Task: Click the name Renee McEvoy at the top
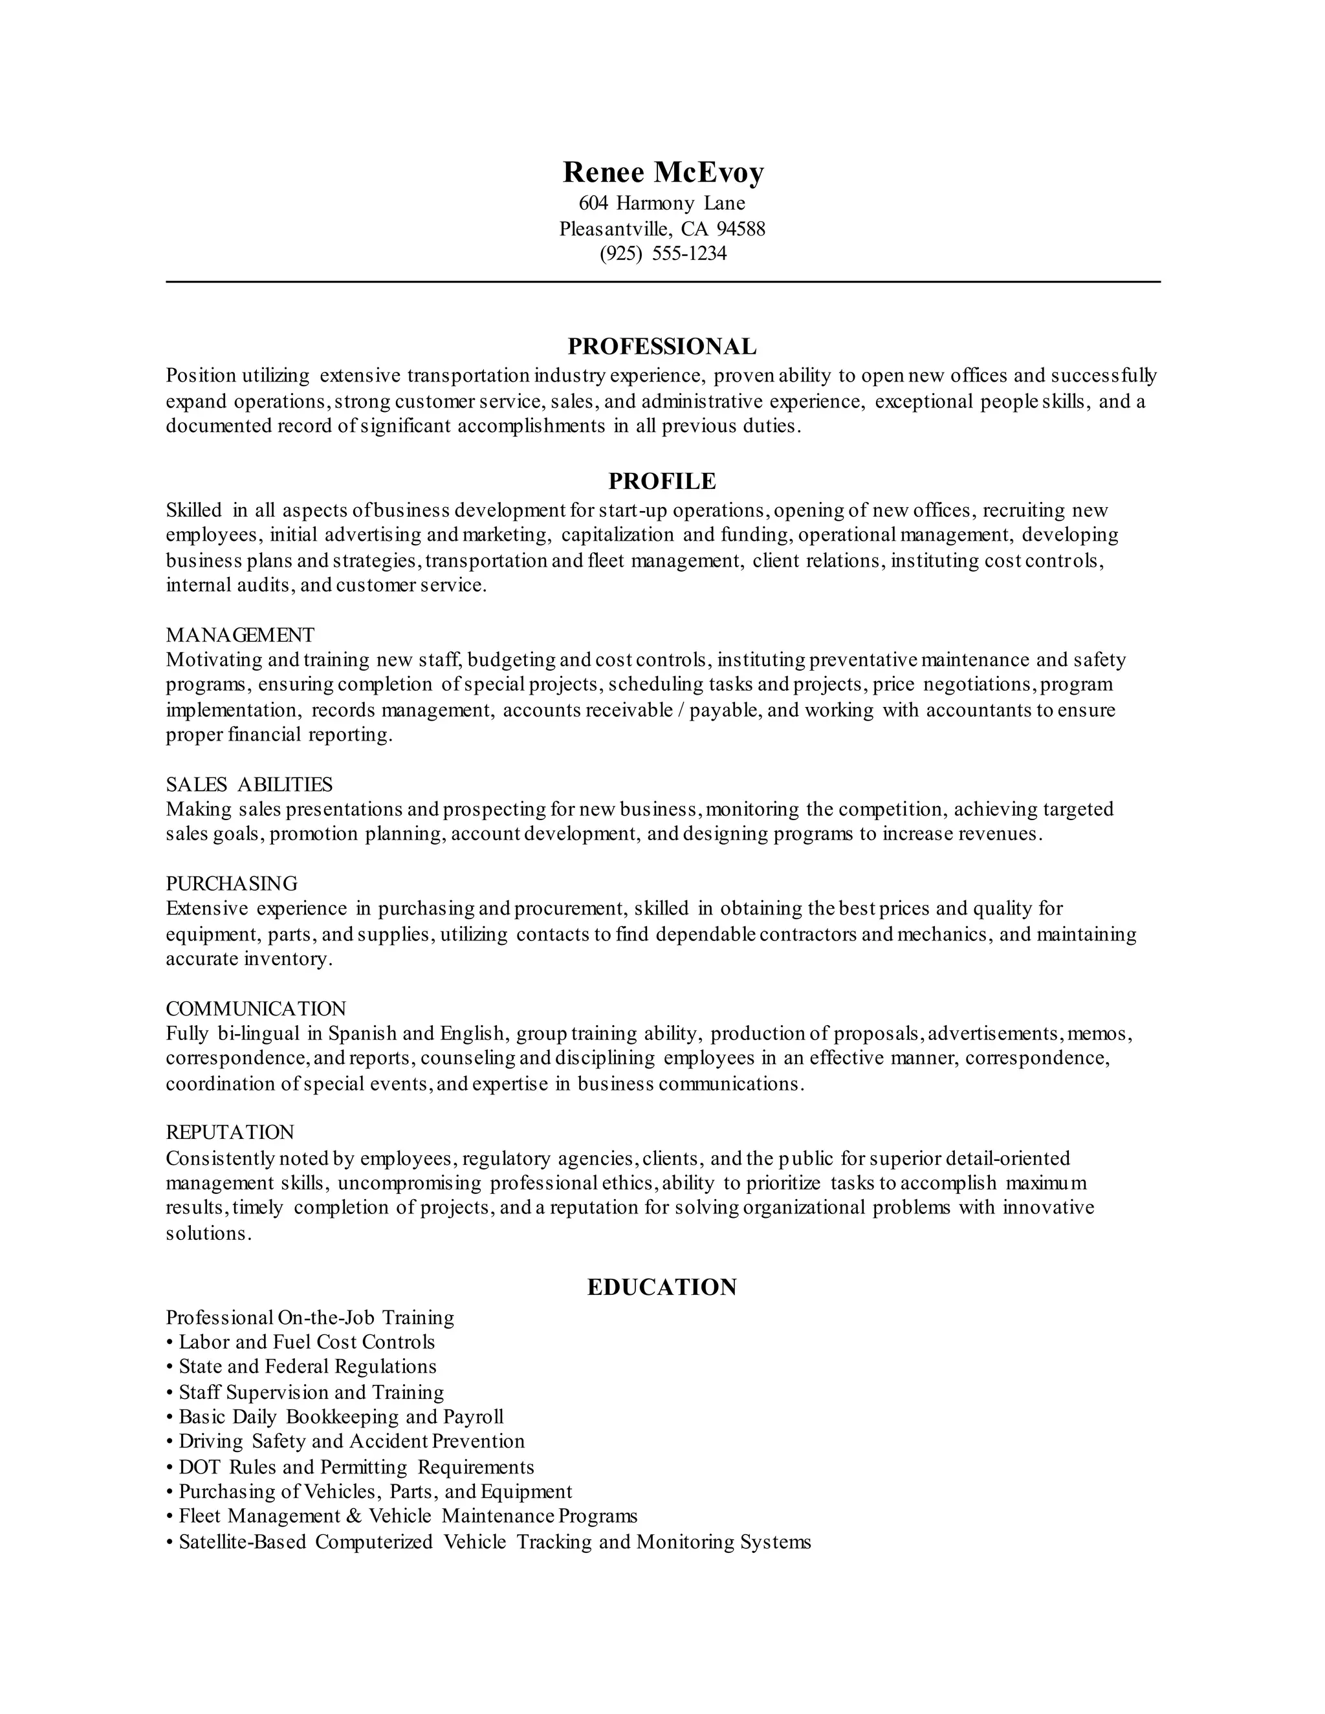(x=662, y=173)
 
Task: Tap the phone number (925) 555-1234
(x=662, y=254)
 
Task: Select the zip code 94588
(x=740, y=229)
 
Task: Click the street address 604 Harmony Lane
(x=662, y=203)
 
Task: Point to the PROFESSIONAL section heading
(x=662, y=346)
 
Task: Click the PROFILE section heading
(x=662, y=481)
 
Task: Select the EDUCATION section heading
(x=662, y=1287)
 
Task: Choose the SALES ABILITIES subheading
(x=249, y=784)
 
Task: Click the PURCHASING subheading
(x=232, y=883)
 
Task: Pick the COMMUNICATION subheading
(x=256, y=1008)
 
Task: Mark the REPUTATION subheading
(x=230, y=1133)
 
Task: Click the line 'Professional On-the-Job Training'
(x=310, y=1317)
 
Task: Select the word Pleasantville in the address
(x=615, y=229)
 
